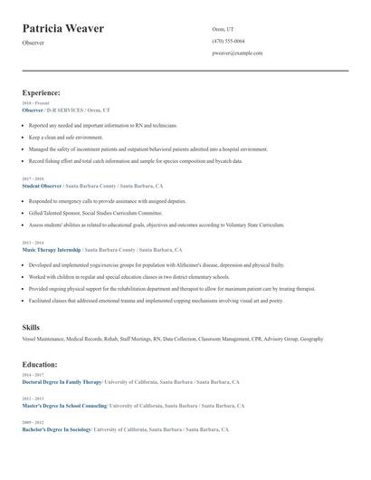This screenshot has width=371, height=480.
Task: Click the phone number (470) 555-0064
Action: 228,42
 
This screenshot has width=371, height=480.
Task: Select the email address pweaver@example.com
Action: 237,53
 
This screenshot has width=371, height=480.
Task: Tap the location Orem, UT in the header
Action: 222,30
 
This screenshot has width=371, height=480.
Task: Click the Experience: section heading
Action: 41,92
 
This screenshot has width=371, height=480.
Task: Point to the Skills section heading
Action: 31,327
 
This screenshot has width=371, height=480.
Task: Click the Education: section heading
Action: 40,364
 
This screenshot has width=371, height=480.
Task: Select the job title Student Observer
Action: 42,186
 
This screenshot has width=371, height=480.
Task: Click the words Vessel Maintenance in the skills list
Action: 40,339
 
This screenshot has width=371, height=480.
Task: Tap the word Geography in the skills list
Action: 311,339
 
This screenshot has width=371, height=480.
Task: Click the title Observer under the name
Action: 33,43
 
